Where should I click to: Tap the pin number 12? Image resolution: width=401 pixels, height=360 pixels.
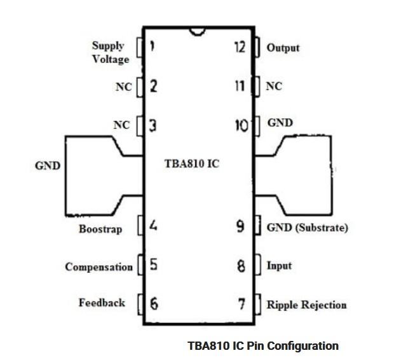coord(240,47)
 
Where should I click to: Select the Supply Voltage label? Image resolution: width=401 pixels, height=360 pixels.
coord(111,52)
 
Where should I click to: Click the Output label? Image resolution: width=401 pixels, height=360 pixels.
coord(283,48)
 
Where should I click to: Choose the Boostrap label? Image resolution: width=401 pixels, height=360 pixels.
coord(100,228)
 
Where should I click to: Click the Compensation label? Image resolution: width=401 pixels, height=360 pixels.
coord(99,267)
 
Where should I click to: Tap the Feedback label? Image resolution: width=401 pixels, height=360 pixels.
coord(102,303)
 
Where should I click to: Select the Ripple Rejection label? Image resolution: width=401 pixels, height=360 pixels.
coord(306,305)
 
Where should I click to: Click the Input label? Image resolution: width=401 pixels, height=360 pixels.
coord(280,265)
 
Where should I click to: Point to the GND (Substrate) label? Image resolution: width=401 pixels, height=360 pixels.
coord(307,227)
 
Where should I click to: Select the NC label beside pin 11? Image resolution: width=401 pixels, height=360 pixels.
coord(274,87)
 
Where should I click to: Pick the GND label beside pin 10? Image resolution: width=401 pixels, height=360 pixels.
coord(280,123)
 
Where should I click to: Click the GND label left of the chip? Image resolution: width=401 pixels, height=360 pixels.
coord(47,166)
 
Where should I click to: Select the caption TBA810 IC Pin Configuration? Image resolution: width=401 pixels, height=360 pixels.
coord(263,346)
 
